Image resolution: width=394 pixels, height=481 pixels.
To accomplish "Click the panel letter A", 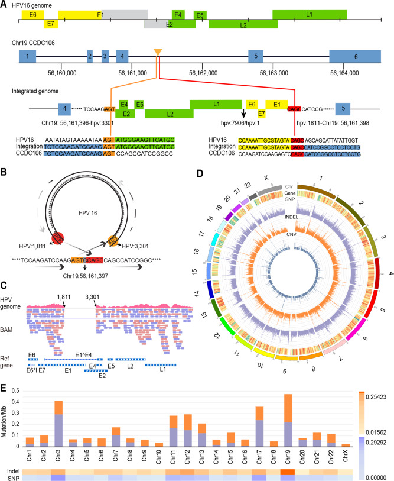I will click(4, 5).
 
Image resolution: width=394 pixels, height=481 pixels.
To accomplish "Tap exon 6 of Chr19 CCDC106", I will click(355, 57).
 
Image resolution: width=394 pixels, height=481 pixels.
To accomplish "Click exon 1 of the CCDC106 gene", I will click(27, 57).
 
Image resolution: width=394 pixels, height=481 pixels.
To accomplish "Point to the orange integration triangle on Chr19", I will click(157, 54).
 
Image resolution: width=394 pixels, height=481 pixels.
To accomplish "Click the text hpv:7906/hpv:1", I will click(244, 124).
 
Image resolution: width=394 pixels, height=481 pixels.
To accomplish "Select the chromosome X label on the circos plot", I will click(266, 177).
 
